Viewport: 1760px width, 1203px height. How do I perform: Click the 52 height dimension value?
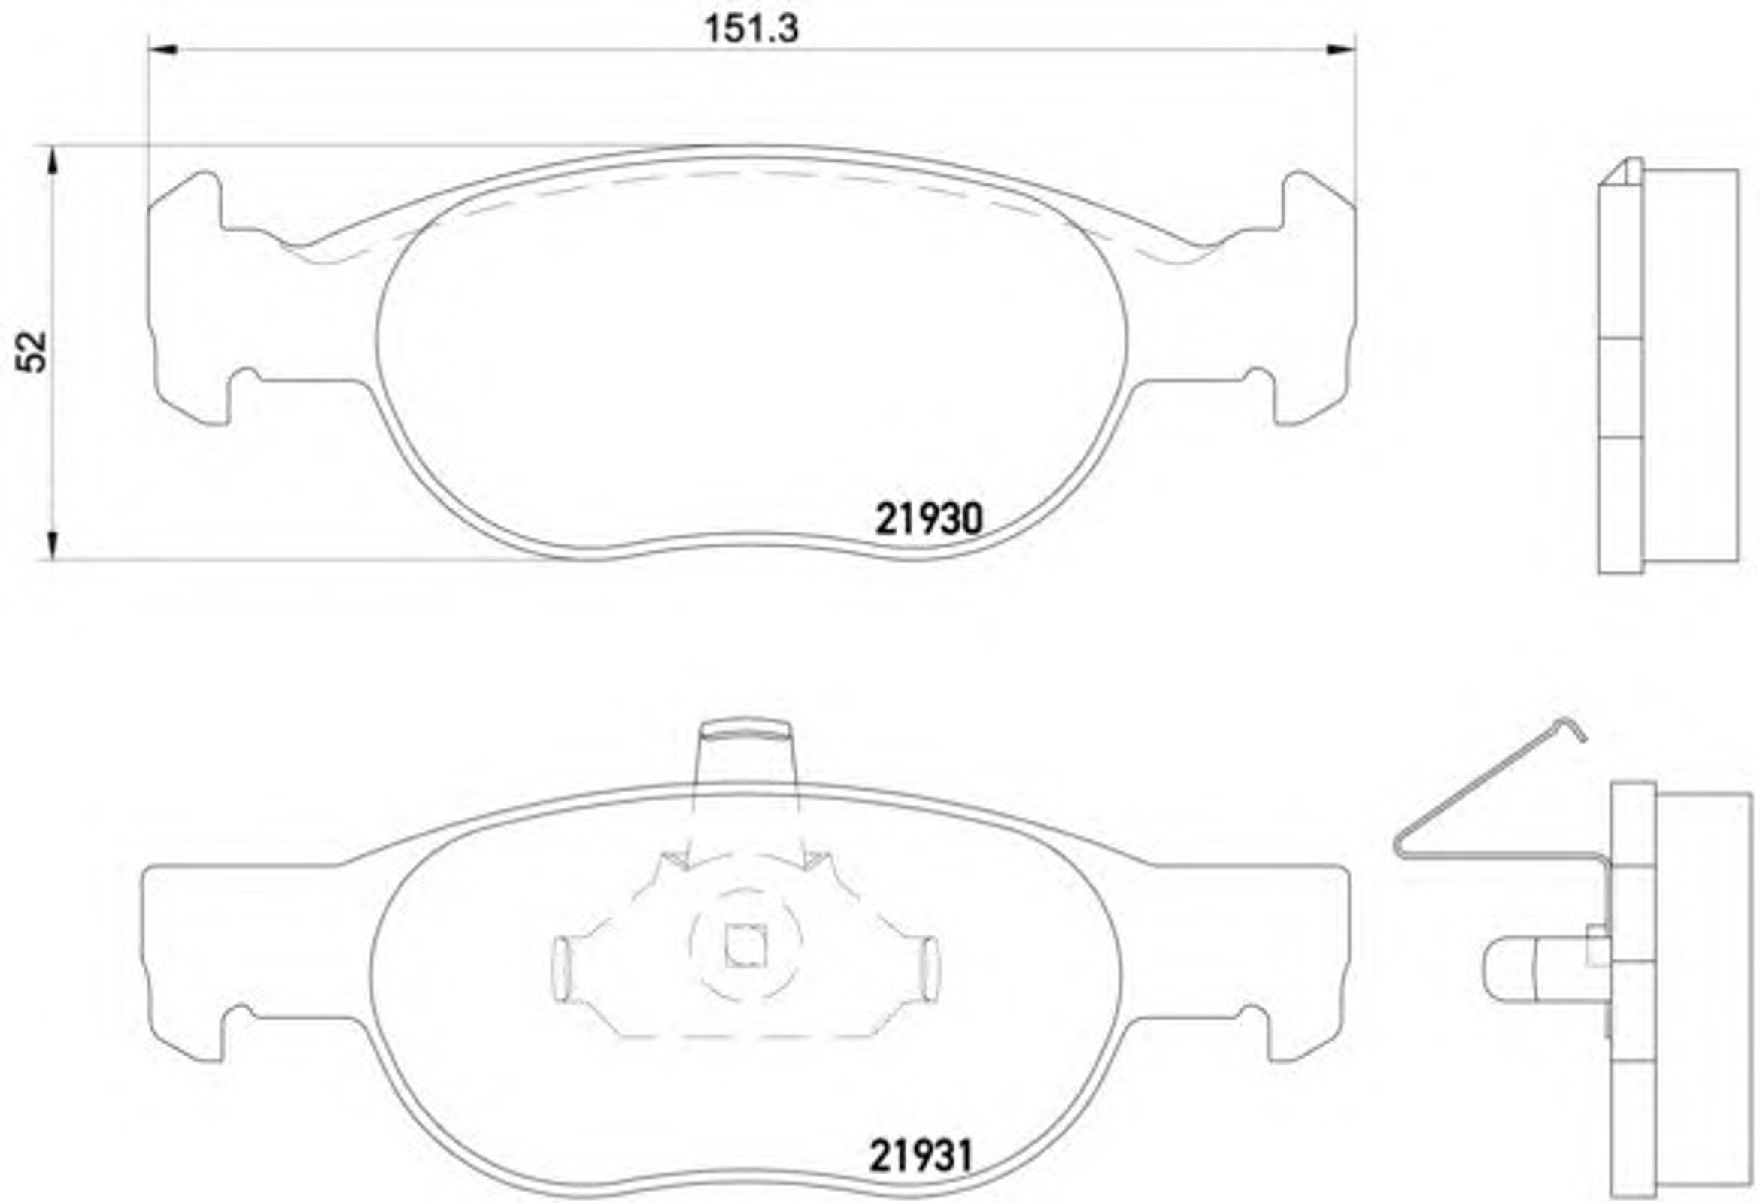33,352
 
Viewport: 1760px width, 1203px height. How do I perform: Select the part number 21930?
928,520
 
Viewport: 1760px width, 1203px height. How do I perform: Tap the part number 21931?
920,1157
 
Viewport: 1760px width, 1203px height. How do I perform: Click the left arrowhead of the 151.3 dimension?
162,50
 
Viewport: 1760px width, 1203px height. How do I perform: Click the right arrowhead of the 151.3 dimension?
1340,50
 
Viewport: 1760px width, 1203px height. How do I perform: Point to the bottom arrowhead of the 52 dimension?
52,545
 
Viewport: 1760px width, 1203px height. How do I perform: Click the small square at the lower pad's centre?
745,947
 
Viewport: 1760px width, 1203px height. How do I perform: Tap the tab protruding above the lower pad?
745,753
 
